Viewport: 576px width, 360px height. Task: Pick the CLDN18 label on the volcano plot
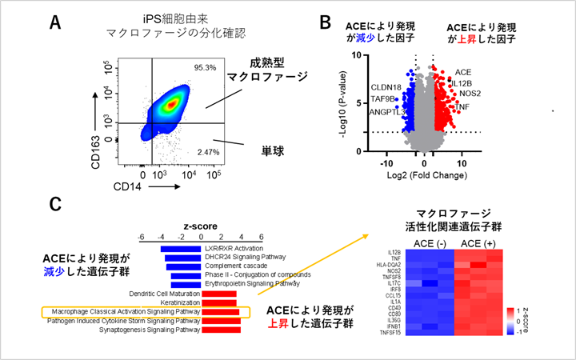click(x=386, y=87)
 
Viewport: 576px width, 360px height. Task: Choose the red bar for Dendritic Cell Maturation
click(x=217, y=294)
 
